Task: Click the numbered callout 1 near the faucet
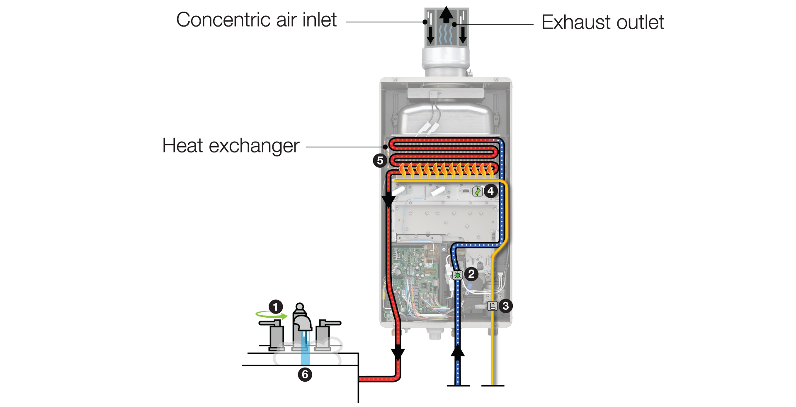pos(276,307)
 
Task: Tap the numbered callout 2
pos(471,274)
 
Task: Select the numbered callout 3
pos(505,306)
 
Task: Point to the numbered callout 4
pos(491,191)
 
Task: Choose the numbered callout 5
pos(380,160)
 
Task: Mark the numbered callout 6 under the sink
pos(305,375)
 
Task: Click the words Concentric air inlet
pos(256,20)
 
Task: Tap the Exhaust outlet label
pos(603,22)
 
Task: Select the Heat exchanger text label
pos(231,146)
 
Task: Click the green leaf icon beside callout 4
pos(478,191)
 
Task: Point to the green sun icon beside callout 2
pos(458,275)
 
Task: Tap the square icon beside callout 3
pos(493,306)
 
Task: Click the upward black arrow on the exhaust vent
pos(447,15)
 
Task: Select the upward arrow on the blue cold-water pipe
pos(458,351)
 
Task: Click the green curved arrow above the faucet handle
pos(271,315)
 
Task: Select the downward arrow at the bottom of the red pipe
pos(398,354)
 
